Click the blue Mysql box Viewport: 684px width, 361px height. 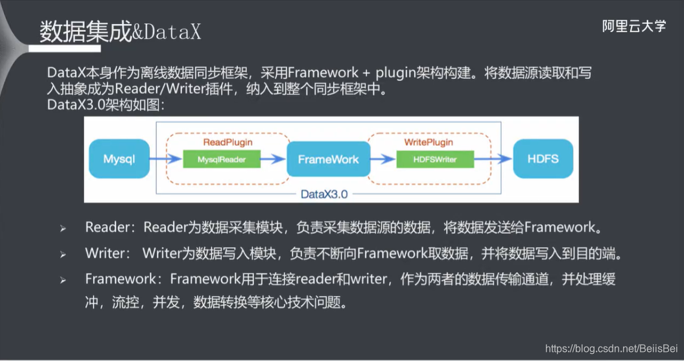tap(119, 158)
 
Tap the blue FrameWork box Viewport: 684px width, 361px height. tap(328, 158)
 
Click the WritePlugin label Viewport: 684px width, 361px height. tap(428, 142)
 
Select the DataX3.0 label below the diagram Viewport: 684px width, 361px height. tap(325, 194)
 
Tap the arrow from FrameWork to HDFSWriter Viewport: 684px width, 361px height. tap(385, 158)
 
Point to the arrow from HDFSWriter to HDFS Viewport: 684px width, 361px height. tap(493, 158)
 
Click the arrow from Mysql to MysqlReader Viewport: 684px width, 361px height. tap(165, 158)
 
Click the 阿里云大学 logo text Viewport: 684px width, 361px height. tap(633, 26)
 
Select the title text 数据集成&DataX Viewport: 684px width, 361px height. tap(120, 32)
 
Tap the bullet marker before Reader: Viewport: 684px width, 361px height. tap(63, 229)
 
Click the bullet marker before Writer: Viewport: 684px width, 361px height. tap(63, 254)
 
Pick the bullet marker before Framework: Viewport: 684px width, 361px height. tap(63, 280)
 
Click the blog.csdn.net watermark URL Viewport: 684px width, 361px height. tap(611, 348)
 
